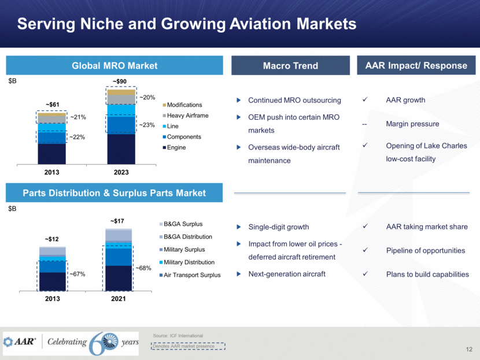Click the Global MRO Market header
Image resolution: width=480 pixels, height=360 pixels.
pyautogui.click(x=114, y=66)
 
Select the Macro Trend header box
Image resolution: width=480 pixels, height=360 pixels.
pyautogui.click(x=290, y=66)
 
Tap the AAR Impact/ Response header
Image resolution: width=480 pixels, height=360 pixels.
pyautogui.click(x=416, y=66)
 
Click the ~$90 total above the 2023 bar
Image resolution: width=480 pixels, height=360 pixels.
pyautogui.click(x=121, y=81)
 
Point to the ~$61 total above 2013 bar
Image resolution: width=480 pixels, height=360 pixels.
pyautogui.click(x=52, y=105)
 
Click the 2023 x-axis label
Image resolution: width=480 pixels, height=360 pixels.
pyautogui.click(x=121, y=173)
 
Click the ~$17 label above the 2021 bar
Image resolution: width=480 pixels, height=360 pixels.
pyautogui.click(x=118, y=220)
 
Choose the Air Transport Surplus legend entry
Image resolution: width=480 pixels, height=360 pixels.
pyautogui.click(x=193, y=275)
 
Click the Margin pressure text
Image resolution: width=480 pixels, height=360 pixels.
pyautogui.click(x=412, y=124)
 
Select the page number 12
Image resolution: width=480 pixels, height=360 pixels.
pyautogui.click(x=469, y=349)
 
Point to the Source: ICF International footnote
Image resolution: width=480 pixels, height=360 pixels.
pyautogui.click(x=178, y=336)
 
